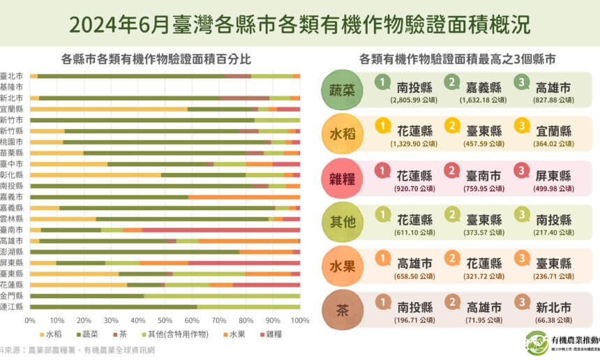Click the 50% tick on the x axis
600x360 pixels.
(x=165, y=320)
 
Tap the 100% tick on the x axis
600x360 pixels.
(x=300, y=320)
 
